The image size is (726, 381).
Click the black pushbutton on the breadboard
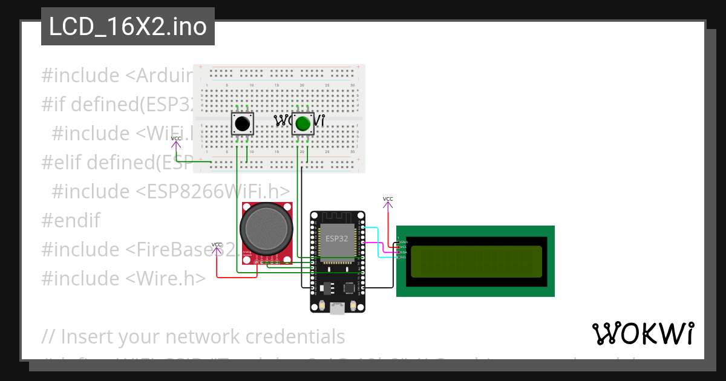(x=243, y=124)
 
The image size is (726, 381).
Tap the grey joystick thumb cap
(x=266, y=229)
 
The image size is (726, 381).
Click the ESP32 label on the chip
(x=337, y=238)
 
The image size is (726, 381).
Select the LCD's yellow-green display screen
(x=476, y=261)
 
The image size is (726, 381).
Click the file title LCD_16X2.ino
(x=128, y=27)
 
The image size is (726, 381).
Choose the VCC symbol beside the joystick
(x=217, y=247)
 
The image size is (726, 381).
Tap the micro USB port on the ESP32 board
(x=338, y=308)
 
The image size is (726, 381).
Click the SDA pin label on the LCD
(x=402, y=252)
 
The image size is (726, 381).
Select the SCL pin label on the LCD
(x=402, y=258)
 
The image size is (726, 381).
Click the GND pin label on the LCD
(x=403, y=241)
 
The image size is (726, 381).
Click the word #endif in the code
(x=71, y=220)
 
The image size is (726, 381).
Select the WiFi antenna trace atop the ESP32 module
(x=337, y=217)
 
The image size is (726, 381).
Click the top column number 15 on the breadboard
(x=276, y=85)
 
